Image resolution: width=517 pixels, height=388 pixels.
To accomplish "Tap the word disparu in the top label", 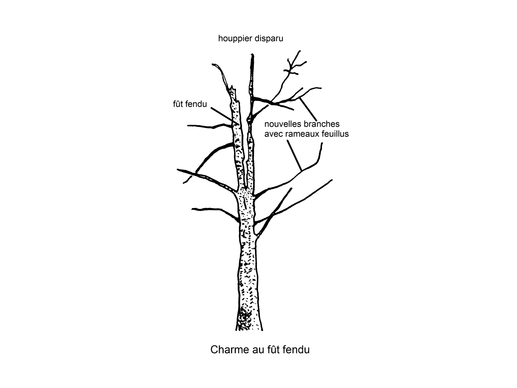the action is pos(270,38).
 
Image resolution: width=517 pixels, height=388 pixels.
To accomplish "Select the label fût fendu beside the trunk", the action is pos(190,104).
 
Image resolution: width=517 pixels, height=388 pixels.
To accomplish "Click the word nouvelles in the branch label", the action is pos(283,124).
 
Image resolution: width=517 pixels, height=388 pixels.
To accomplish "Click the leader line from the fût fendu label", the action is pos(224,116).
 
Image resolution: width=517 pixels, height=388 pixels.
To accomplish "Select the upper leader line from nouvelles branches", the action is pos(308,110).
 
